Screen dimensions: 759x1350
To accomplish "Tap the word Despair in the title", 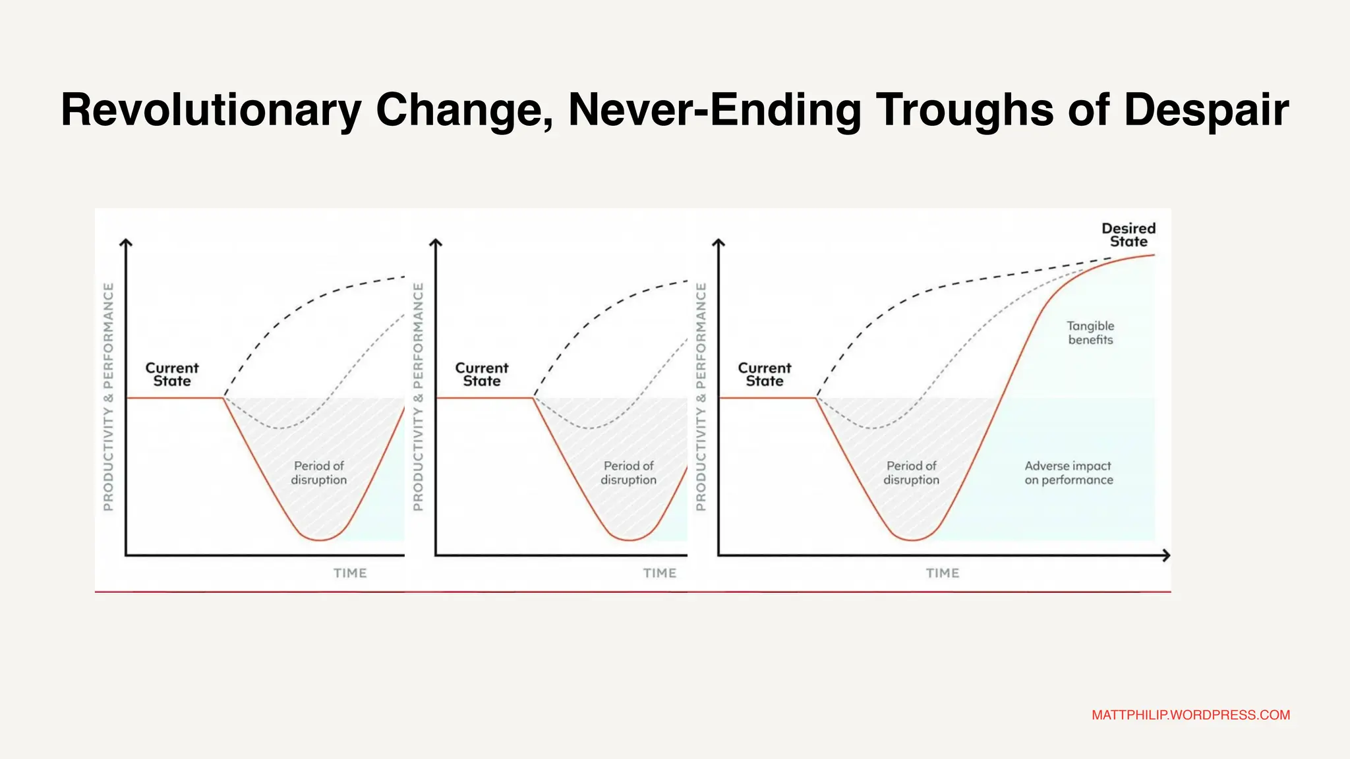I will tap(1206, 110).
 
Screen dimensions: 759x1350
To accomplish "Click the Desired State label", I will tap(1129, 235).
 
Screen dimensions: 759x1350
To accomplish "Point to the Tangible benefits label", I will tap(1090, 333).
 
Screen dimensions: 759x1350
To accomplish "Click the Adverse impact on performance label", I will tap(1069, 473).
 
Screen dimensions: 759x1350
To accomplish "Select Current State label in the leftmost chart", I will tap(172, 374).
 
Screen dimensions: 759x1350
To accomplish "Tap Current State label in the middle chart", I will tap(482, 374).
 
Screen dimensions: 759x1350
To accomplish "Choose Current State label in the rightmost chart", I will tap(765, 374).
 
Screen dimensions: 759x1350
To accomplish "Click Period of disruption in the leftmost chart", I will tap(319, 473).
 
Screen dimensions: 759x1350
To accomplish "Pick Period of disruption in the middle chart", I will tap(628, 473).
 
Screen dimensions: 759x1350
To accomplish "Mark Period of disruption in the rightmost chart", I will tap(911, 473).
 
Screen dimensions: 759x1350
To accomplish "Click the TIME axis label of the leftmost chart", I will tap(350, 573).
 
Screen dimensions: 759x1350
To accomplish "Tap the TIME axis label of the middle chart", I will tap(660, 573).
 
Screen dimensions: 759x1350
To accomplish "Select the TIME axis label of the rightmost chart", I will tap(943, 573).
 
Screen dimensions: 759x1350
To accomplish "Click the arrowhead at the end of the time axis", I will tap(1166, 555).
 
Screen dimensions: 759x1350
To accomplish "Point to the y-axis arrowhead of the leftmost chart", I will tap(126, 243).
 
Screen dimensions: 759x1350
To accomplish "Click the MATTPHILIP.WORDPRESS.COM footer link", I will tap(1190, 715).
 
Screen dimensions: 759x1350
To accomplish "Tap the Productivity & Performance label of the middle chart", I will tap(418, 397).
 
